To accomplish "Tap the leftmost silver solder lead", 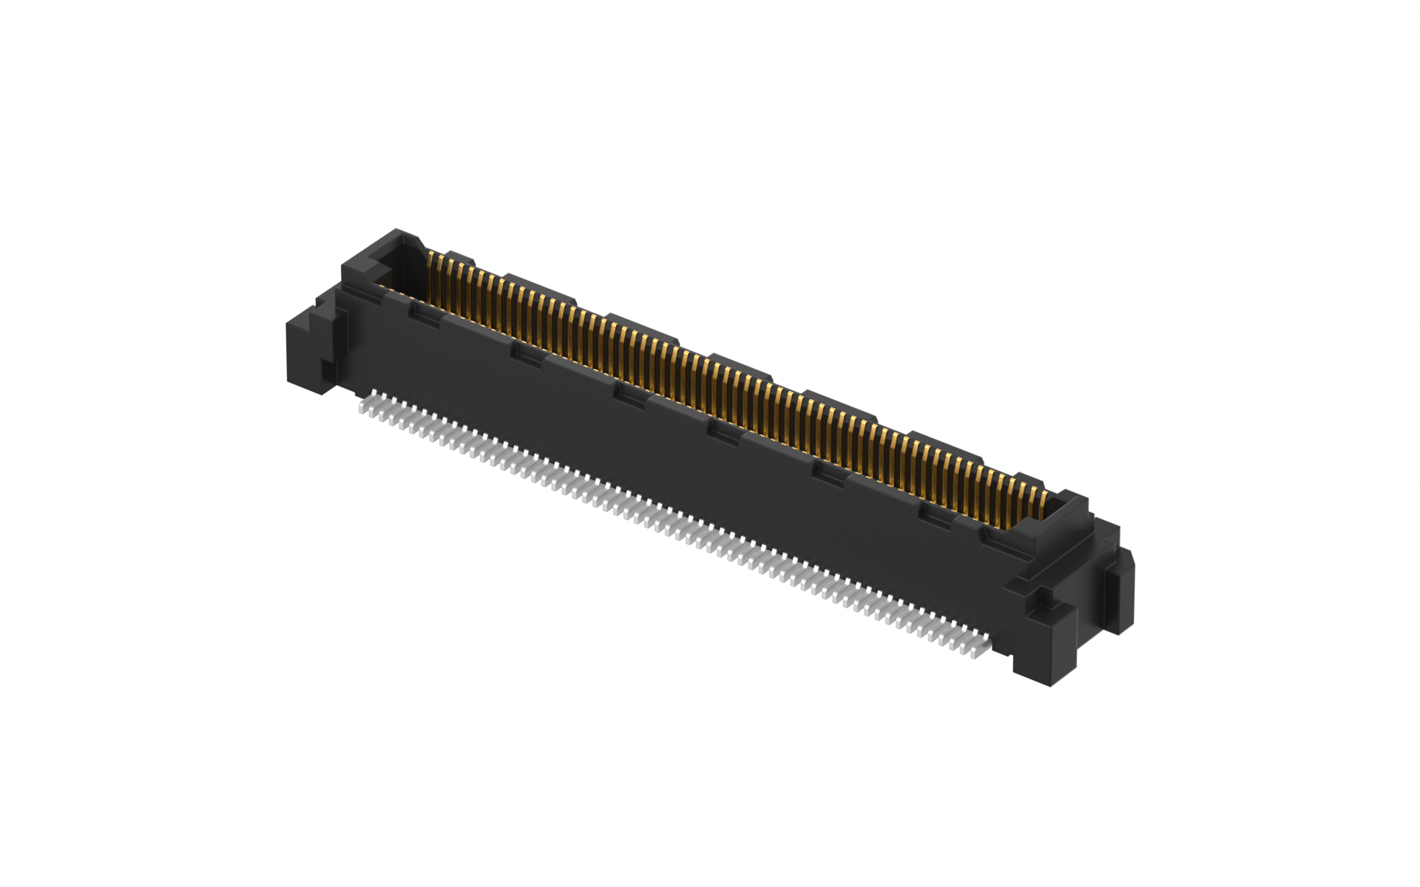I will [x=363, y=409].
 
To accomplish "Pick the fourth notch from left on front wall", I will [x=725, y=431].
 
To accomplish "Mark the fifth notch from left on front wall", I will [x=829, y=471].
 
